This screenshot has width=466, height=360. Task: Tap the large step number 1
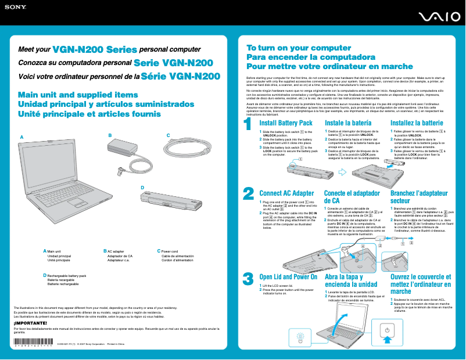pyautogui.click(x=248, y=125)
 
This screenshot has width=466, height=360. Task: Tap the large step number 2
pyautogui.click(x=248, y=193)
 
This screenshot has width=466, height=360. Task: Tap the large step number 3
pyautogui.click(x=248, y=279)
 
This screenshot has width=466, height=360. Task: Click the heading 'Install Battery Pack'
pyautogui.click(x=285, y=123)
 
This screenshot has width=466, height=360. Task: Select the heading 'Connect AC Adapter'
pyautogui.click(x=286, y=193)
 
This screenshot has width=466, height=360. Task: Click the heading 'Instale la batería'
pyautogui.click(x=348, y=123)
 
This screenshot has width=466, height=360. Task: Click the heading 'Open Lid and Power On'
pyautogui.click(x=288, y=277)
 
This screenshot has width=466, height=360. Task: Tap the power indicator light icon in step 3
pyautogui.click(x=300, y=339)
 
